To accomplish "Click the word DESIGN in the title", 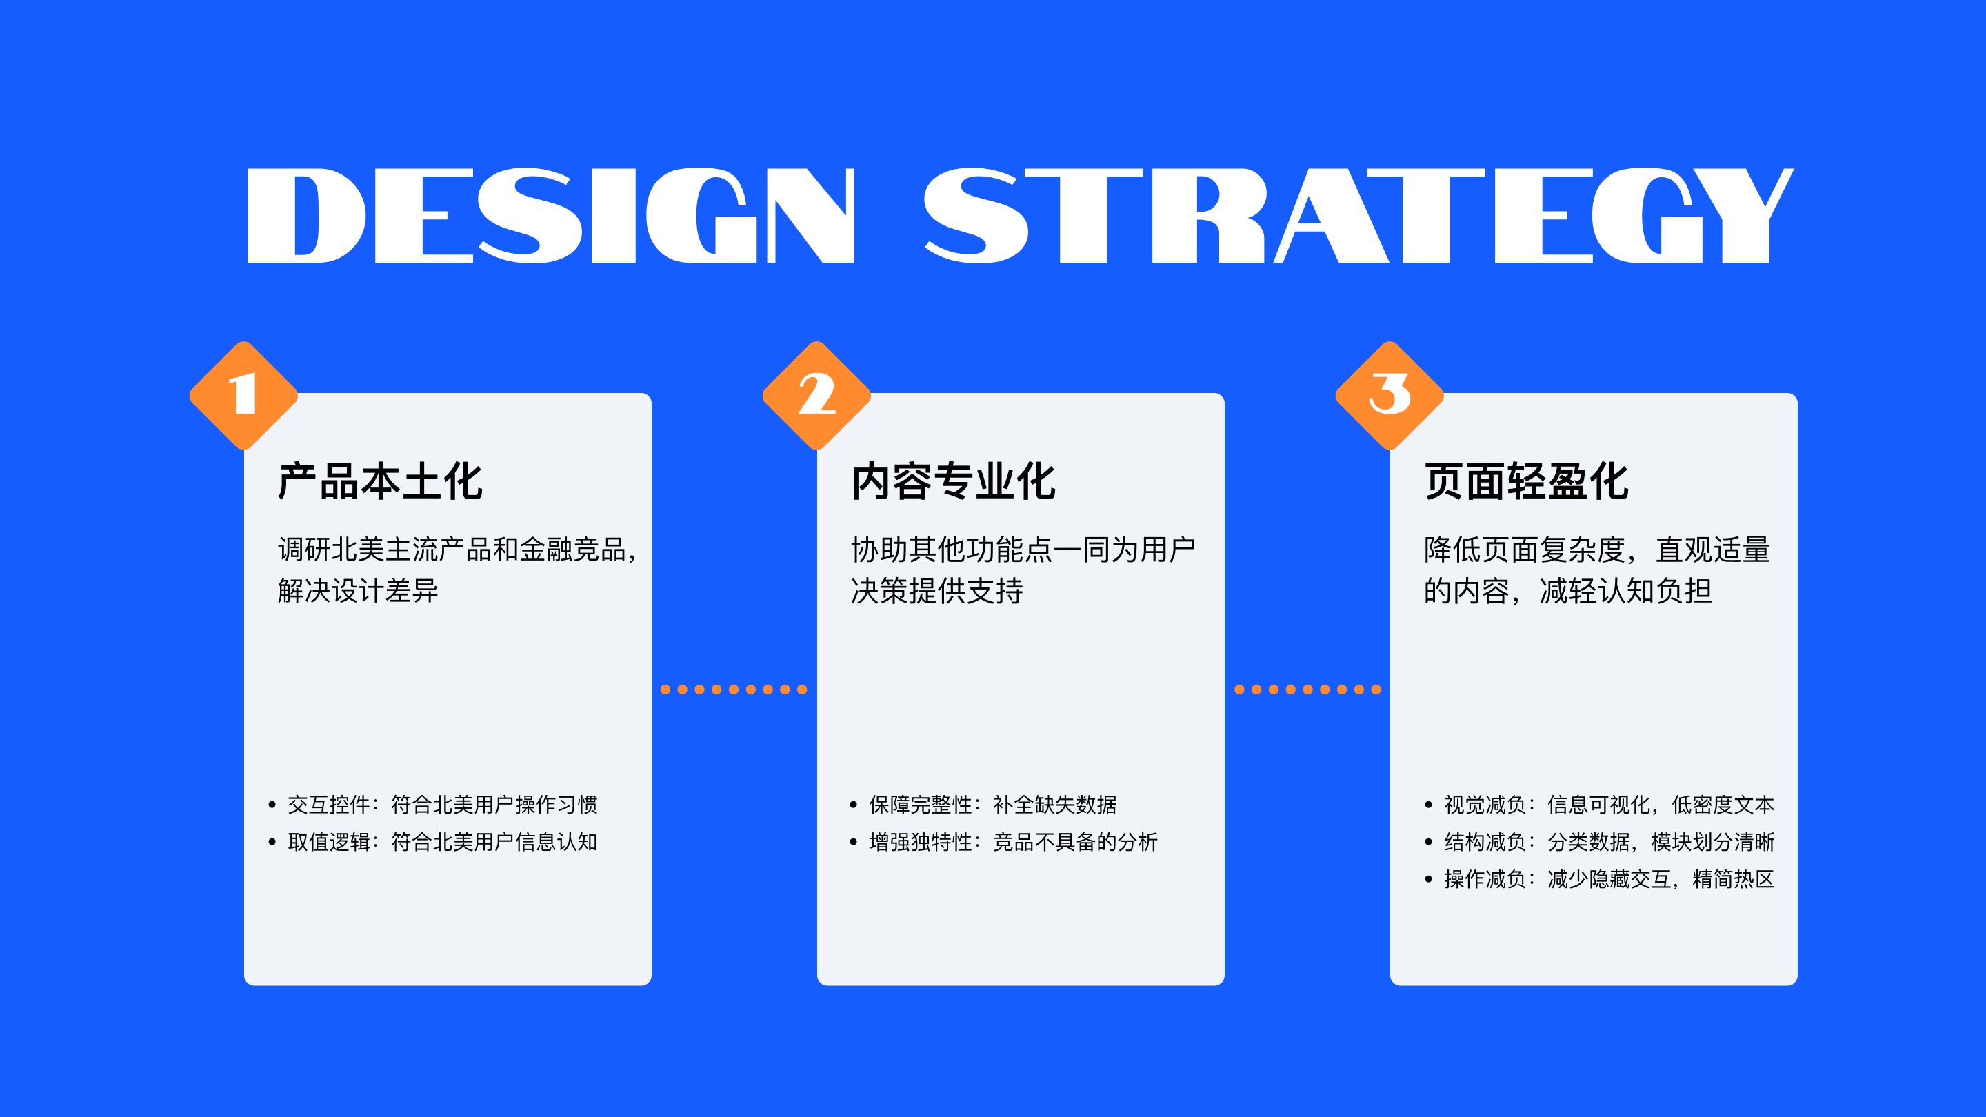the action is point(551,216).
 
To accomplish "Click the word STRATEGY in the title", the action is point(1358,216).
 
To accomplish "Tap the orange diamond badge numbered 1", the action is point(243,396).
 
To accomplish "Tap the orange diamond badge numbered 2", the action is point(816,396).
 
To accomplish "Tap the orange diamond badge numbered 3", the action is point(1390,396).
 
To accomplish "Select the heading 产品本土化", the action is point(380,482).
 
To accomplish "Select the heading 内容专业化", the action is point(954,482).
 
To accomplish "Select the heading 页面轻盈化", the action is point(1527,482).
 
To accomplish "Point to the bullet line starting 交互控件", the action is point(433,805).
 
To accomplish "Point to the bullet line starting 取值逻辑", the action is point(433,842).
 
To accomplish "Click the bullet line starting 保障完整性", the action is point(983,805).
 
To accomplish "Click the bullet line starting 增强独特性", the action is point(1004,842).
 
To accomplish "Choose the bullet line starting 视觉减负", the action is point(1600,805).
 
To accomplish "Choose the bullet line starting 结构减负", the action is point(1600,842).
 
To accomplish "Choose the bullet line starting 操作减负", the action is point(1600,879).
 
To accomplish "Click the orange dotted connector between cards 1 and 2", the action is point(734,690).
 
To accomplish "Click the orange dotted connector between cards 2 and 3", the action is point(1307,690).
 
